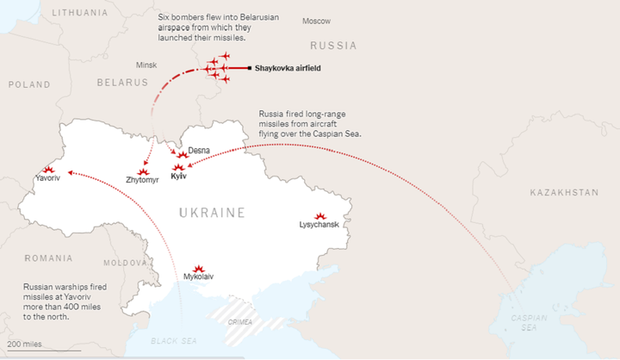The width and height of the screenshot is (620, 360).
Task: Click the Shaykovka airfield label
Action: (x=288, y=68)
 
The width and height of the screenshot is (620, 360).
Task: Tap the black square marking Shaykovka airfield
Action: (x=250, y=68)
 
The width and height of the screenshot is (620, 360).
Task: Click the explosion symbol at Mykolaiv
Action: (x=199, y=268)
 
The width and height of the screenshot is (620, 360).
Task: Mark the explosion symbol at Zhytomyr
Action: (x=143, y=172)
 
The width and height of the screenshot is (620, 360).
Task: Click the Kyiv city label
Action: (x=179, y=177)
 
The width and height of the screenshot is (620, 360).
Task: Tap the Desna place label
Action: (x=199, y=150)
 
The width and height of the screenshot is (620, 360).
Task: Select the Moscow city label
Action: (x=316, y=21)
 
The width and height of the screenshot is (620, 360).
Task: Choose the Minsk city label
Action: (x=146, y=65)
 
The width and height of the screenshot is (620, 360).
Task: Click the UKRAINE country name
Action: (x=212, y=212)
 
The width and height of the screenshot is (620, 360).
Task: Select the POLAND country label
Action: (x=30, y=84)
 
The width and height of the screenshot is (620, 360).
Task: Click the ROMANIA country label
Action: (x=48, y=258)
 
